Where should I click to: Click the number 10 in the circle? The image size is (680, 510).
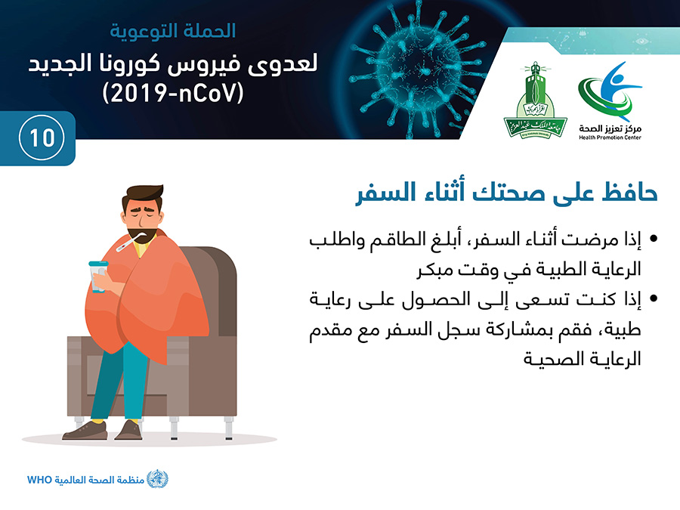(42, 138)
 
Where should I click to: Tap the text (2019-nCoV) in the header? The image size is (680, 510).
(173, 93)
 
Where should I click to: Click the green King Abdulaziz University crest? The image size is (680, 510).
(535, 100)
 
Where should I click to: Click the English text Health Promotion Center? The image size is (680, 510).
(610, 138)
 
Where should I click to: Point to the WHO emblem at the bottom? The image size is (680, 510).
(157, 479)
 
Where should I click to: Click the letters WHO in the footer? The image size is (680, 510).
(39, 480)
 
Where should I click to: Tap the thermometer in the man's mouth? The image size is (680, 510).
(128, 243)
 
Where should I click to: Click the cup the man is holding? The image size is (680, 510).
(98, 277)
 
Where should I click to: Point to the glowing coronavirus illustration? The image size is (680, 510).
(418, 70)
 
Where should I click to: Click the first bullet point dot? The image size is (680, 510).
(654, 239)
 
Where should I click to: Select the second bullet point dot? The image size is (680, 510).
(654, 298)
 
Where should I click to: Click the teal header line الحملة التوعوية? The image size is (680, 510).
(173, 31)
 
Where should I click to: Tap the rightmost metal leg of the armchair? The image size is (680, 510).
(228, 428)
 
